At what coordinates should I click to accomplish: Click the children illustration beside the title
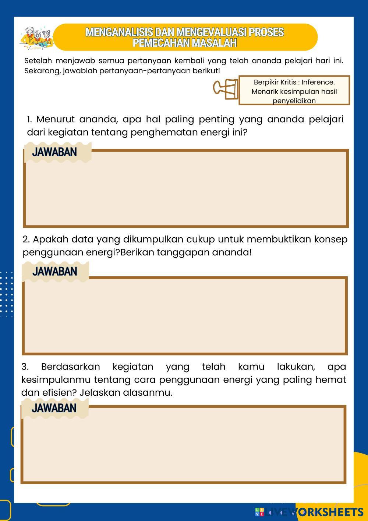click(x=36, y=38)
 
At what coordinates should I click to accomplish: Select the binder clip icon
click(x=226, y=89)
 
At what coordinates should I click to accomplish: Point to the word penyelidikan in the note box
click(x=294, y=101)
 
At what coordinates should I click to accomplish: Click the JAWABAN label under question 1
click(x=54, y=152)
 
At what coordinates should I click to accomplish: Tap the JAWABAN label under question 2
click(x=54, y=272)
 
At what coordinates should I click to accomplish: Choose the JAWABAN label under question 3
click(x=54, y=408)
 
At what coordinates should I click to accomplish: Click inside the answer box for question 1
click(x=186, y=192)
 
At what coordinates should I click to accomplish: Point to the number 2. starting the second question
click(x=26, y=239)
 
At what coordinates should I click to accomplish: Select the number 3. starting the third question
click(x=25, y=367)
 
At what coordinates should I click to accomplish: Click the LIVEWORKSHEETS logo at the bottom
click(x=309, y=512)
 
